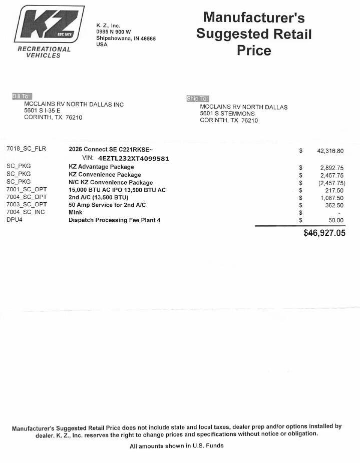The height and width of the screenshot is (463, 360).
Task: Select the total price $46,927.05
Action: (324, 233)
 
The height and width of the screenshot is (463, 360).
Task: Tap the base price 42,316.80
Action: (330, 151)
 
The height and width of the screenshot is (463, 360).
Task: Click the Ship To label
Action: (197, 99)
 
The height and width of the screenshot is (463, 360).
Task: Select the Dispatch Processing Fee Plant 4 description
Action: (114, 220)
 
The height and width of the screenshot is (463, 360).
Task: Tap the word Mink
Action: (76, 212)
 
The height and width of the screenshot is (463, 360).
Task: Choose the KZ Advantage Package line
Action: (101, 167)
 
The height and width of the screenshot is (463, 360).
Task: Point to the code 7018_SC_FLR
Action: (26, 149)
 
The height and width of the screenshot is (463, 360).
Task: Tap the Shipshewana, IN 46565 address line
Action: (126, 38)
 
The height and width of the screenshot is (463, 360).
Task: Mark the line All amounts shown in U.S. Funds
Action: (176, 445)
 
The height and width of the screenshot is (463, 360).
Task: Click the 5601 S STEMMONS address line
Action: (227, 114)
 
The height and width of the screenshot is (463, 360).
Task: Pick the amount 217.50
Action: (334, 190)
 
